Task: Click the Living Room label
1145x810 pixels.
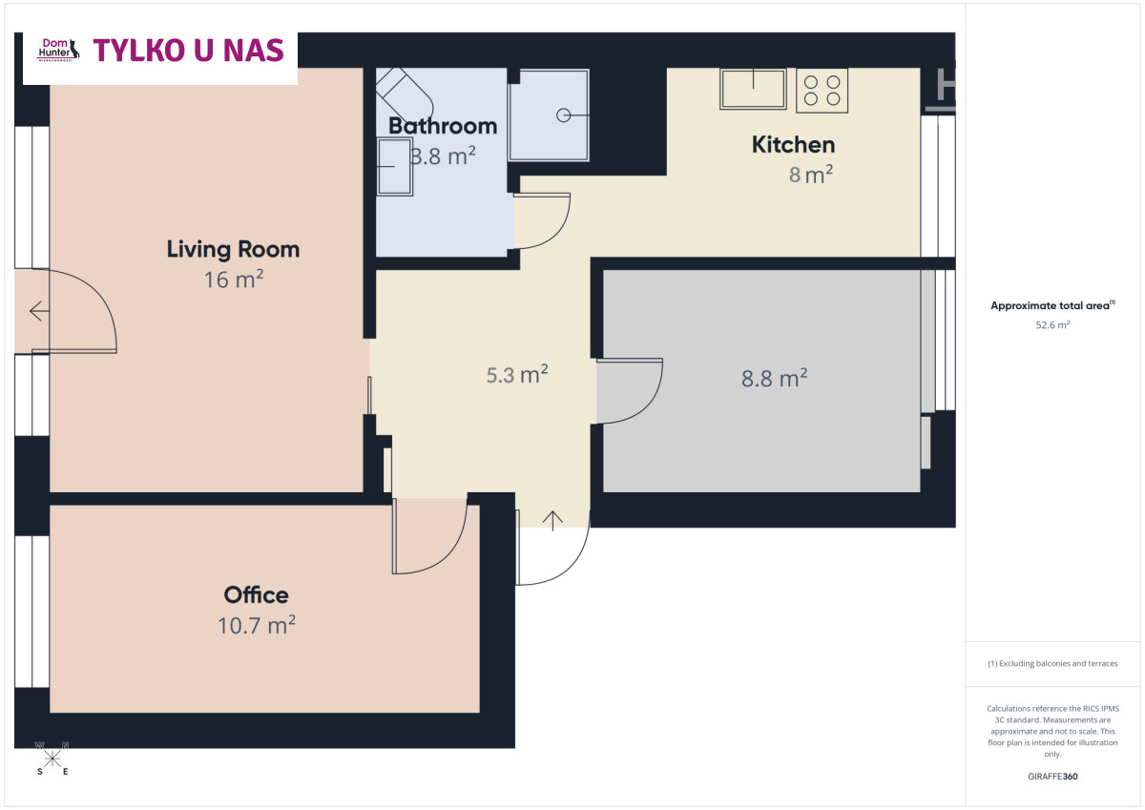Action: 233,249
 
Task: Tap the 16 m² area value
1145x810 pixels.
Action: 234,280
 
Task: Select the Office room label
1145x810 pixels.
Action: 256,594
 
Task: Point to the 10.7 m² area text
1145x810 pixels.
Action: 257,625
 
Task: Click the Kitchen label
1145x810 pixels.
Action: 793,145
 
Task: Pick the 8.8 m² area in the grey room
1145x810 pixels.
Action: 775,378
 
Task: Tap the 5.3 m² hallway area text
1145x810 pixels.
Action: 517,375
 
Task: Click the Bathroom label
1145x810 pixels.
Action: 443,126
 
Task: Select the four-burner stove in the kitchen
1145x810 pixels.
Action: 822,91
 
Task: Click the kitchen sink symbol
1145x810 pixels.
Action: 753,89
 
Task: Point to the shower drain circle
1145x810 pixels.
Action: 563,115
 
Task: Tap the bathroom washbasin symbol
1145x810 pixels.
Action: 394,167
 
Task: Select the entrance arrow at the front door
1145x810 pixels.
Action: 552,521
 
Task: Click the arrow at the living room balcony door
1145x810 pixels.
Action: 39,311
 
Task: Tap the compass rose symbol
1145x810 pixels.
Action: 52,758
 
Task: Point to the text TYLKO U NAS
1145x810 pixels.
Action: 188,50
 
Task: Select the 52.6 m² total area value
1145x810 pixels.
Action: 1052,324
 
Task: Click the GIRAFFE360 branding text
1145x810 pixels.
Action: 1052,777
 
